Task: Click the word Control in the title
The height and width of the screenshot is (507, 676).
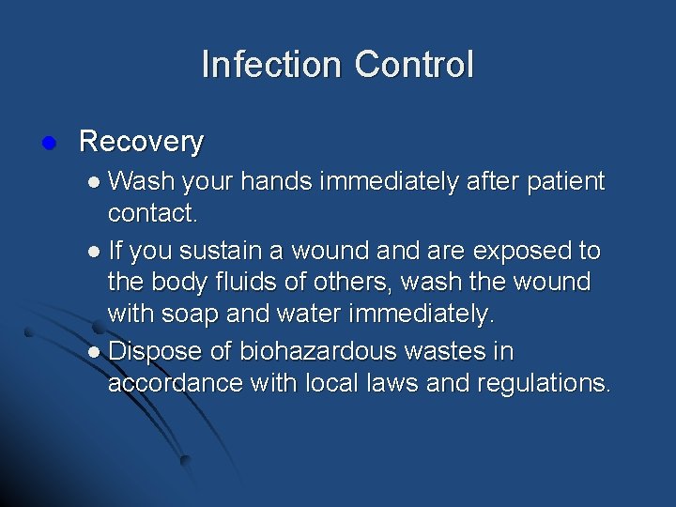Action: pos(414,65)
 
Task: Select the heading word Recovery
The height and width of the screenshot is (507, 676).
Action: pos(142,142)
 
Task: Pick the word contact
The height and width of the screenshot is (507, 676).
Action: pos(151,213)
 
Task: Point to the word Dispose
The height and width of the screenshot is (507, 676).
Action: pos(153,352)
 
